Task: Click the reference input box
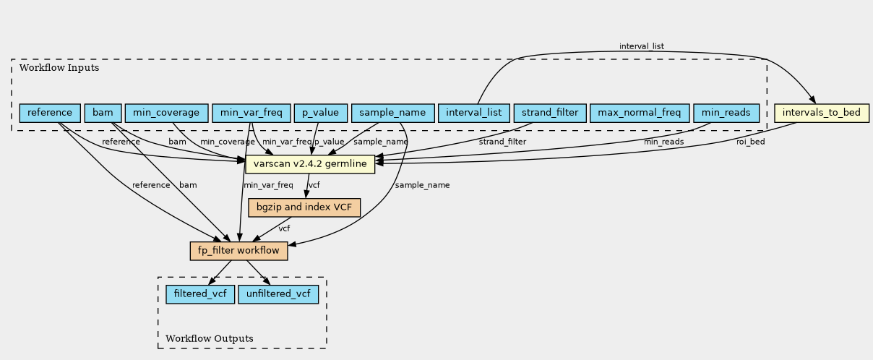point(50,113)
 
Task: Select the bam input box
point(103,113)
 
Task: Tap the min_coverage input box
point(166,113)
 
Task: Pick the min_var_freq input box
point(251,113)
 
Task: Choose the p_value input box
point(321,113)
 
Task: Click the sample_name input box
point(393,113)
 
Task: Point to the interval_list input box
point(474,113)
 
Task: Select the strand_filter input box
point(550,113)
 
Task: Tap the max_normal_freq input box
point(640,113)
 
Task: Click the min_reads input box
point(726,113)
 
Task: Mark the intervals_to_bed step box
point(822,113)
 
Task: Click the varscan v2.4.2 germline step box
point(310,164)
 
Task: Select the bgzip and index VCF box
point(304,207)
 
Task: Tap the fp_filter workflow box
point(239,251)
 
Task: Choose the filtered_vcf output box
point(200,294)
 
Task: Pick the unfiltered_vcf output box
point(278,294)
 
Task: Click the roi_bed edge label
point(751,142)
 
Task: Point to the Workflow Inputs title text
point(59,68)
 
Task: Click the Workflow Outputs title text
point(210,338)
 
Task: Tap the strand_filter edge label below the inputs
point(502,142)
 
